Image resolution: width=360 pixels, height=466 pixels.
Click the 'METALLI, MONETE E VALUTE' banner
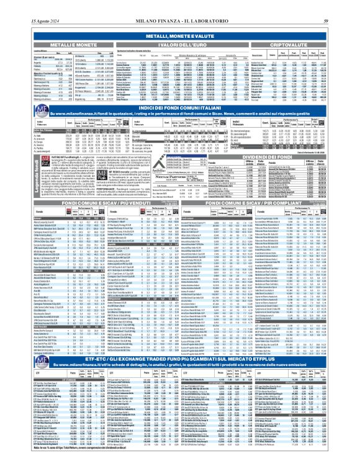coord(179,37)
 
